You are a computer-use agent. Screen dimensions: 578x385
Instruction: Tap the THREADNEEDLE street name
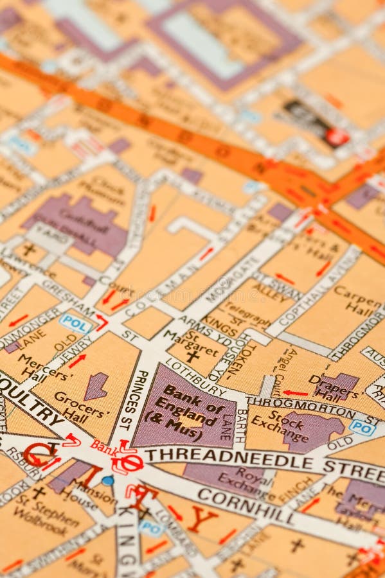(x=228, y=457)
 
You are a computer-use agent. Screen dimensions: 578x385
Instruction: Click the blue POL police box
(x=75, y=323)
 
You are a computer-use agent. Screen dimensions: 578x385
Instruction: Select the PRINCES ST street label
(x=133, y=392)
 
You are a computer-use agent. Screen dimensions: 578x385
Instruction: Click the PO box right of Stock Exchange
(x=362, y=427)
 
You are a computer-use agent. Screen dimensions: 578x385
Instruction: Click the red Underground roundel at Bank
(x=127, y=462)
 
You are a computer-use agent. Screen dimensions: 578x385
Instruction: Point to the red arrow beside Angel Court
(x=296, y=392)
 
